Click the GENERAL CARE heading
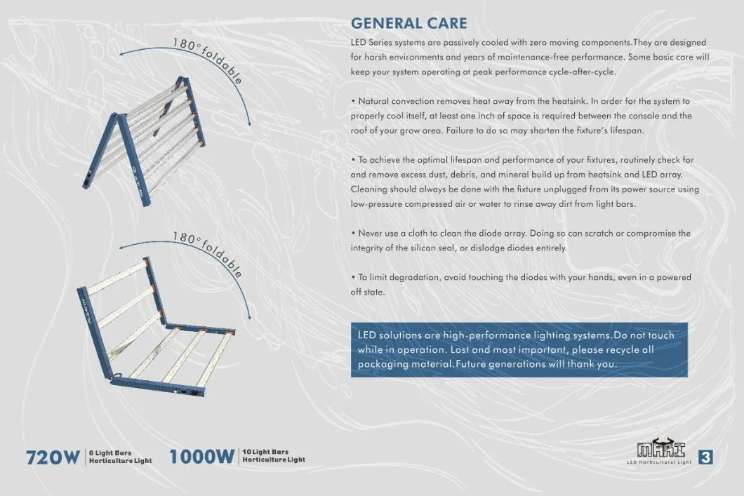pos(408,24)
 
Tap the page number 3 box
pos(705,457)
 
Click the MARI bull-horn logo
pos(660,450)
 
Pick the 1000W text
pos(201,457)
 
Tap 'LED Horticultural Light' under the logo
pos(659,463)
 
